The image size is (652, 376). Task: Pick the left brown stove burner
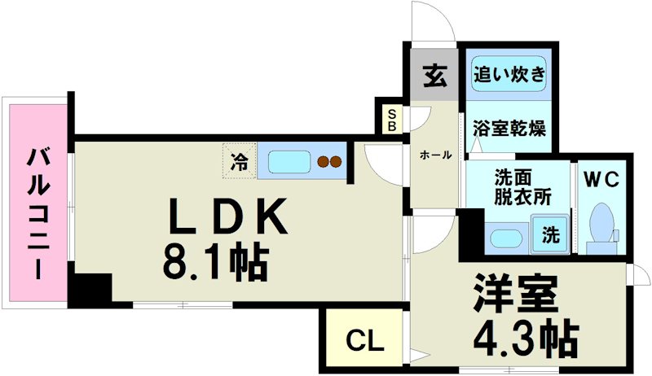(324, 161)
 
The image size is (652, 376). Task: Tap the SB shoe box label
(392, 120)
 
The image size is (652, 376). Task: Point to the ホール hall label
(436, 155)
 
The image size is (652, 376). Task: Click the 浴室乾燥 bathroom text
(509, 129)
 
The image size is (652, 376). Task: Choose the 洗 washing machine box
(552, 235)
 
